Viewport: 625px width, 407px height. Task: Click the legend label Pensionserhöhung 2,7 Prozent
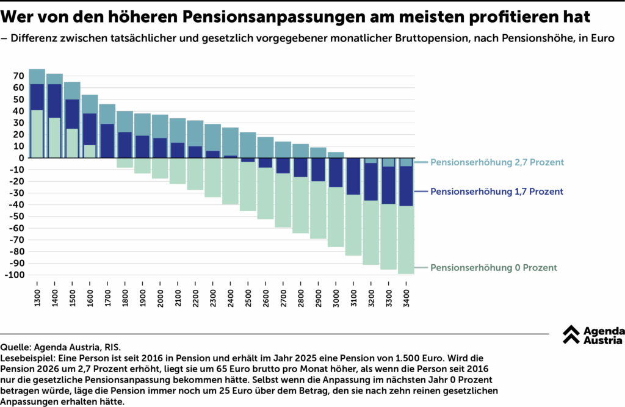click(x=497, y=162)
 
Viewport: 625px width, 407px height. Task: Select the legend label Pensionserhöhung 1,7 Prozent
click(x=497, y=192)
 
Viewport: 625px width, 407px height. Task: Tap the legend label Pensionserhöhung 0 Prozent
click(x=494, y=268)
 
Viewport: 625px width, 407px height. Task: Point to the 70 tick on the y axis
click(x=19, y=76)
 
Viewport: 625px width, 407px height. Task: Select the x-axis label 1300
click(x=37, y=298)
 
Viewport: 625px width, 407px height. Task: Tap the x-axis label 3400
click(x=406, y=298)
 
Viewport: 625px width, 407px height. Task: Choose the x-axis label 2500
click(x=248, y=298)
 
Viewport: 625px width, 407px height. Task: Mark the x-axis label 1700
click(x=107, y=298)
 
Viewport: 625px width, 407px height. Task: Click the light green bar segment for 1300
click(x=37, y=134)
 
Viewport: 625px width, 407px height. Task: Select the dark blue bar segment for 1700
click(x=107, y=141)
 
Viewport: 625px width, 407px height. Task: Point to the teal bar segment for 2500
click(x=248, y=145)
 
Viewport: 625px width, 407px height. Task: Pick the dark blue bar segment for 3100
click(x=353, y=176)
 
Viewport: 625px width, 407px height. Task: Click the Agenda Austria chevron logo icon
click(x=571, y=334)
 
